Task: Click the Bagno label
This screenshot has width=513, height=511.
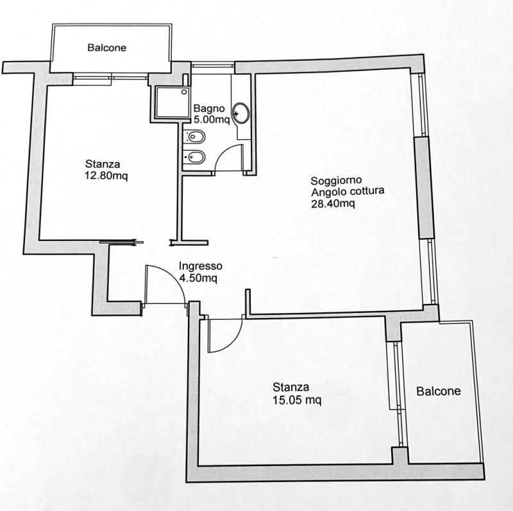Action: [209, 108]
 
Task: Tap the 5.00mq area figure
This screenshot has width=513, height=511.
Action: [212, 120]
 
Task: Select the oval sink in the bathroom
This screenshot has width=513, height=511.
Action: [241, 113]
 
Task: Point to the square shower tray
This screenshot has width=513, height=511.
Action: [172, 102]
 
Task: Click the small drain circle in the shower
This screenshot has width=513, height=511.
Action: [185, 92]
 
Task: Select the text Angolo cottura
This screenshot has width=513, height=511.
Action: [348, 191]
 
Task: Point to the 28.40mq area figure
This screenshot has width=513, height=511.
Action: [333, 203]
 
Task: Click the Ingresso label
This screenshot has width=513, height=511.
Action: [200, 266]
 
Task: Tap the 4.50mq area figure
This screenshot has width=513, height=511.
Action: [198, 278]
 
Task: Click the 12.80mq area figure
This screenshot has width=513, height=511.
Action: [106, 176]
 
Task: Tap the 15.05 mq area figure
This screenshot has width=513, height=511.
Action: [297, 400]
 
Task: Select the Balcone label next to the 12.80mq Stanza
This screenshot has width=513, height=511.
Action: [106, 47]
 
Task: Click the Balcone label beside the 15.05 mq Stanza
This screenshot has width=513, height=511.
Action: [439, 391]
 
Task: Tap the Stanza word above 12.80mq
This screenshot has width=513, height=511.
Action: [103, 164]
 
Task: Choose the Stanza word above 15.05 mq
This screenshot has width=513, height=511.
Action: [291, 387]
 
